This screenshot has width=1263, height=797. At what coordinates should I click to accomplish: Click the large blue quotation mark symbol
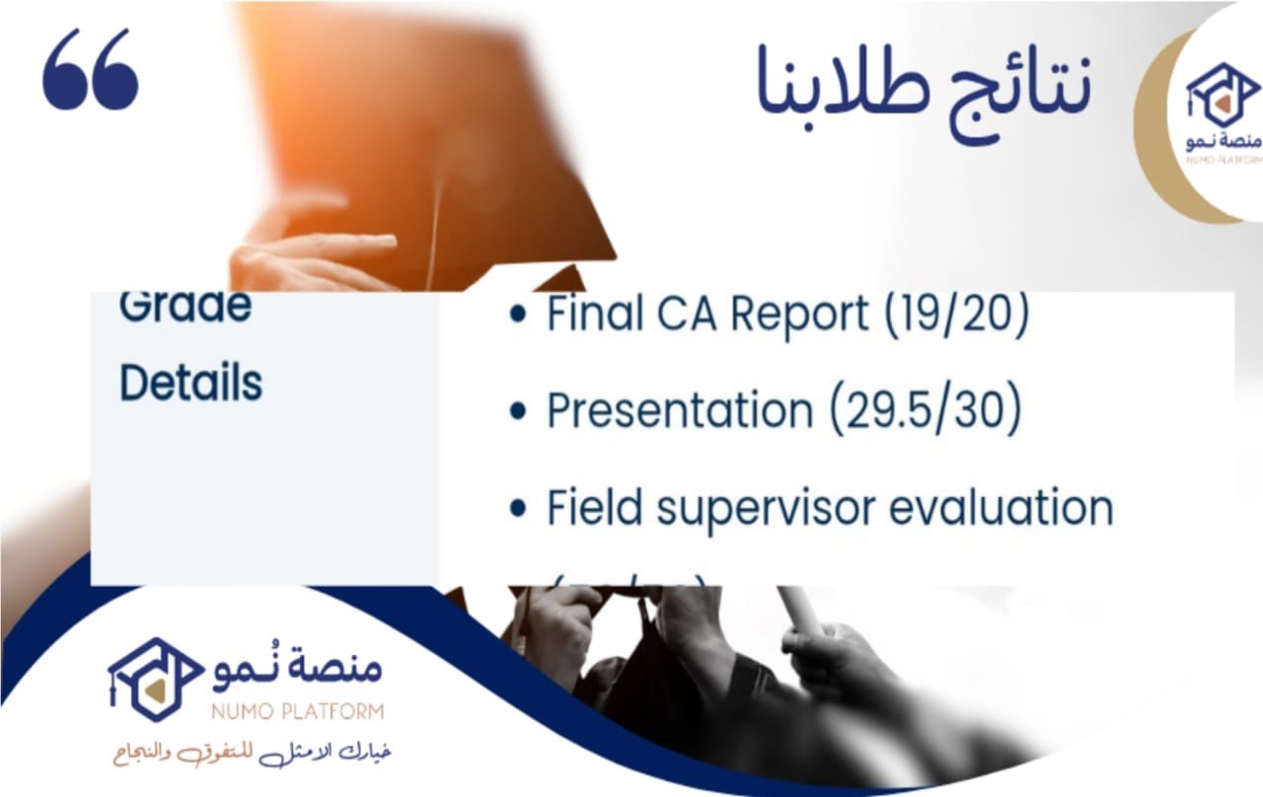tap(91, 69)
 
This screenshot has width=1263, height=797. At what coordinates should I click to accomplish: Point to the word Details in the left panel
tap(190, 383)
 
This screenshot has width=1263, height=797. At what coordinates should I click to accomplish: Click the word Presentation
tap(680, 411)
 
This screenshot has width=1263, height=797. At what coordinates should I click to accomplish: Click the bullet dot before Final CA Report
tap(517, 317)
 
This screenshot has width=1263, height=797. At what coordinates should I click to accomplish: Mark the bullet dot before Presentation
tap(517, 412)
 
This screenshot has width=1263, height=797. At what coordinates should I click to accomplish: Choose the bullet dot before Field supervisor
tap(517, 509)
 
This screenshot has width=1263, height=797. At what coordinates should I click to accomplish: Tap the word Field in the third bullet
tap(595, 509)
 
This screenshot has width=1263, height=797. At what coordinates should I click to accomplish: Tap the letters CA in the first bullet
tap(700, 315)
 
